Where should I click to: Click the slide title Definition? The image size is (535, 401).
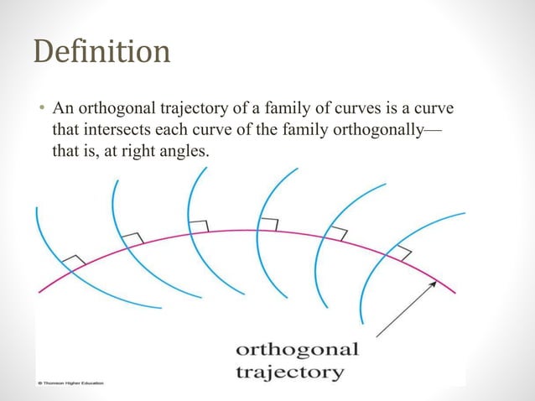point(101,51)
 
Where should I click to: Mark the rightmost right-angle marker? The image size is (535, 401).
point(403,251)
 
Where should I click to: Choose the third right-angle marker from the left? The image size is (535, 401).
point(199,226)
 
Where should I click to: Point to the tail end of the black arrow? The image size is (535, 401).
point(378,336)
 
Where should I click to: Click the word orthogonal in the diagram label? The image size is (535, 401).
point(297,348)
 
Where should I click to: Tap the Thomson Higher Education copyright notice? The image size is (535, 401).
point(70,383)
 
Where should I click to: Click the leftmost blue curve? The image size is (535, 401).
point(50,252)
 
